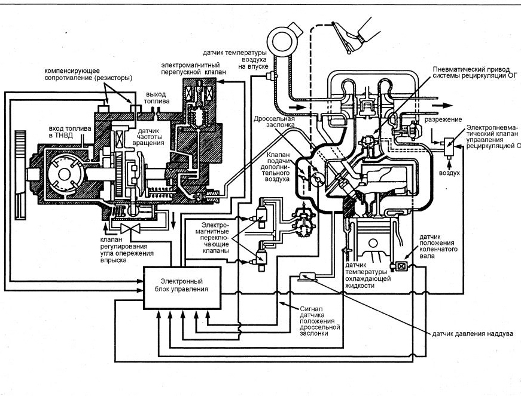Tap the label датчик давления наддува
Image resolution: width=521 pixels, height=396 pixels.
[x=473, y=334]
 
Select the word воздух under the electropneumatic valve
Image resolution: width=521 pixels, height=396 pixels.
[x=449, y=173]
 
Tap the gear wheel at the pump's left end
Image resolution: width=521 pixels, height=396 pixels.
[x=20, y=174]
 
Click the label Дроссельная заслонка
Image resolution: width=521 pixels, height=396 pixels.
[x=274, y=122]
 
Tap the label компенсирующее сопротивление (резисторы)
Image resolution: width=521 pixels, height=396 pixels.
[x=89, y=75]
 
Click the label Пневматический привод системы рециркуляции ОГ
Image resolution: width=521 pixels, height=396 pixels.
[x=475, y=72]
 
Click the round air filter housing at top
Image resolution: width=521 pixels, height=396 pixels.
[x=282, y=41]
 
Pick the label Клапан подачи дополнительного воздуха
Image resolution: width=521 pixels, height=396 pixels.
[x=278, y=167]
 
